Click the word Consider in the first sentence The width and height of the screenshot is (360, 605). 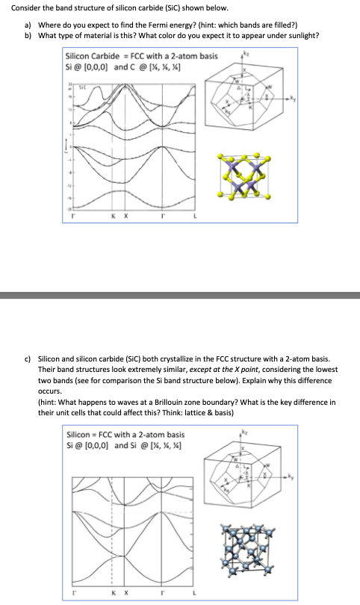tap(25, 8)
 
